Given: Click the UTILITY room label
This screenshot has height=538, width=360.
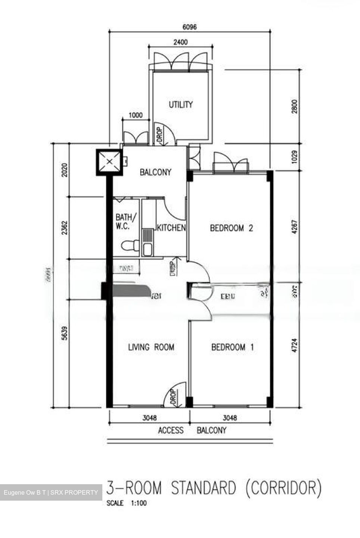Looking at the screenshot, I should tap(180, 105).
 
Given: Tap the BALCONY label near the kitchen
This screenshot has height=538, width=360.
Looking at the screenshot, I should tap(155, 172).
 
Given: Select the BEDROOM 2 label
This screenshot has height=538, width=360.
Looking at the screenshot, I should tap(231, 228).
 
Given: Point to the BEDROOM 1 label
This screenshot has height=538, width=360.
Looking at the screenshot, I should tap(232, 347).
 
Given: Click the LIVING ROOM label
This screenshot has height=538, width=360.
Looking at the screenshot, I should tap(151, 347).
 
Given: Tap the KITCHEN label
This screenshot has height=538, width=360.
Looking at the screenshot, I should tap(171, 228).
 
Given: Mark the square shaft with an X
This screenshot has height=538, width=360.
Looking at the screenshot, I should tap(109, 162).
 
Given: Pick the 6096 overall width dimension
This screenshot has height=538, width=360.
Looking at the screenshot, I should tap(189, 27).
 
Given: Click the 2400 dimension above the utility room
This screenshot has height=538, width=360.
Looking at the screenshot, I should tap(180, 42).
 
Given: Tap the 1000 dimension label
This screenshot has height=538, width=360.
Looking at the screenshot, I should tap(135, 115).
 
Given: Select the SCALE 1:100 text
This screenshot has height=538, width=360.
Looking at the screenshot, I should tap(127, 503).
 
